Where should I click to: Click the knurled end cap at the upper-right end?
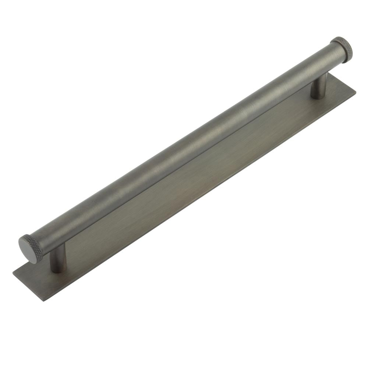[343, 47]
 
